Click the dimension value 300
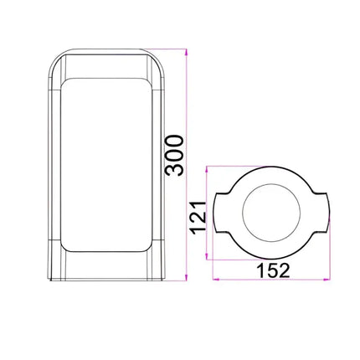tap(174, 155)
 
